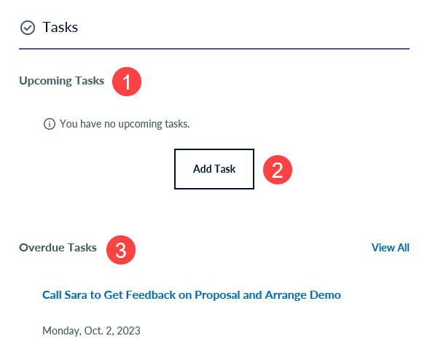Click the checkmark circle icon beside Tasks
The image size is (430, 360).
[28, 28]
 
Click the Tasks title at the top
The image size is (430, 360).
[60, 27]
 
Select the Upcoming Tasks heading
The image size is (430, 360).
[62, 81]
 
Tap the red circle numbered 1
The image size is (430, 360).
[127, 82]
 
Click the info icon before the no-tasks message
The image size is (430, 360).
[50, 124]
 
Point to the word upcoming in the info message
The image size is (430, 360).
[141, 124]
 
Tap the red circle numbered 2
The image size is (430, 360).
[278, 170]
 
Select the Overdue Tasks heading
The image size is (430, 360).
[58, 248]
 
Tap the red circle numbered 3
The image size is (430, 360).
[121, 250]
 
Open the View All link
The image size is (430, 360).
[390, 248]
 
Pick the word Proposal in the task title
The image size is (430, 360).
[217, 296]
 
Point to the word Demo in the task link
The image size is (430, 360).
[325, 295]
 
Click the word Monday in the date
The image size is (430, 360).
[62, 331]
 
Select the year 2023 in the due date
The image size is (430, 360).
[128, 331]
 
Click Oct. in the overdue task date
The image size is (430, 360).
[94, 331]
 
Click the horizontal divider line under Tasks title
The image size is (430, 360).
[214, 49]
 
